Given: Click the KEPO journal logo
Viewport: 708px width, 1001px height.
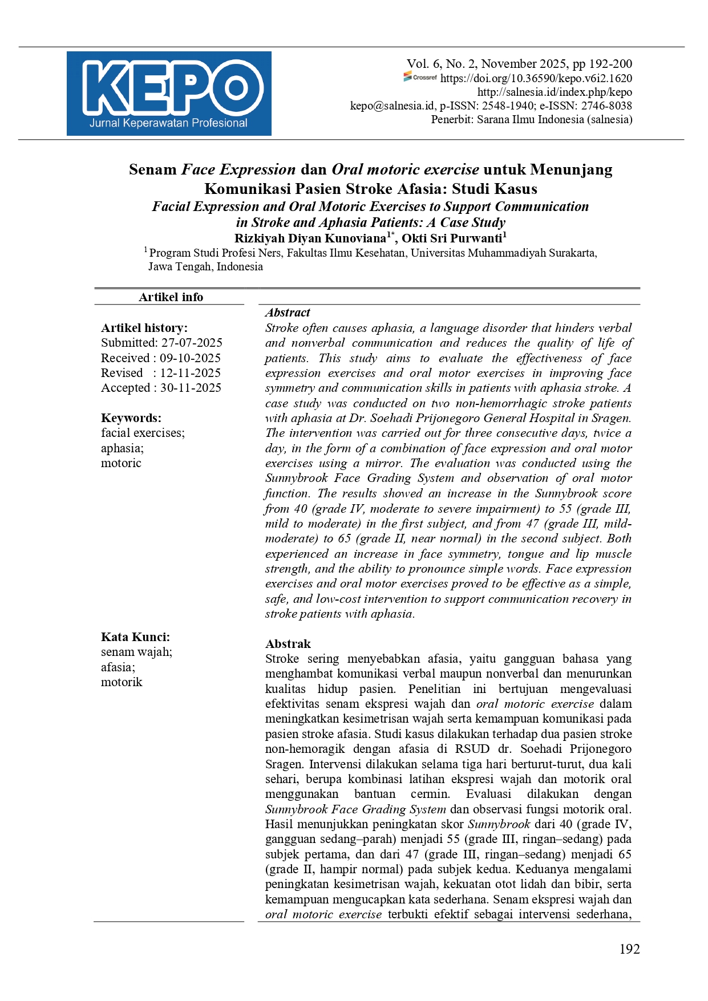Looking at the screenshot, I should (x=169, y=94).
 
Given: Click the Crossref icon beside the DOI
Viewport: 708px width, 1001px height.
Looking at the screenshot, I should (x=420, y=77).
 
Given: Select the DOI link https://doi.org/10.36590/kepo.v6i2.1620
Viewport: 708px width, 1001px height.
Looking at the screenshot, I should (x=536, y=79).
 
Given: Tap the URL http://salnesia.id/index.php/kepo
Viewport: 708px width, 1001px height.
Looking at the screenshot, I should (x=554, y=92).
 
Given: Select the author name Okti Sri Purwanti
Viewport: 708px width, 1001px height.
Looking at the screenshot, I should (x=452, y=238).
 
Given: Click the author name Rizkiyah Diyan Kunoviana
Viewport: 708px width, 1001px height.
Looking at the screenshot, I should (x=310, y=238).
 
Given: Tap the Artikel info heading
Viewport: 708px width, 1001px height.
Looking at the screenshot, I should (x=171, y=297).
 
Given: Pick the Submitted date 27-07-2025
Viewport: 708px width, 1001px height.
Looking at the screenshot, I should (x=191, y=343).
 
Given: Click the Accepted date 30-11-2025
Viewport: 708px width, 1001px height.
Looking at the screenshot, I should (x=191, y=388).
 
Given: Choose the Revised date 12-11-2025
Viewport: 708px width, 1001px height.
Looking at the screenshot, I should (x=190, y=373).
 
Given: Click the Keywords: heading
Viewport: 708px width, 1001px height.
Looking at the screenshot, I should (x=131, y=418).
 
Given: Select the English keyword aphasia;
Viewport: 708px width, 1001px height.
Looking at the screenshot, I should (x=122, y=448).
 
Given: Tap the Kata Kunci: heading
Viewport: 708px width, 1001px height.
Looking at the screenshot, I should (x=135, y=637).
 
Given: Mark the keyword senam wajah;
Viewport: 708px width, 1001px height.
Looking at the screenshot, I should (x=136, y=652).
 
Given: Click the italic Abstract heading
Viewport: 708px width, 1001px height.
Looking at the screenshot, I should (x=288, y=313).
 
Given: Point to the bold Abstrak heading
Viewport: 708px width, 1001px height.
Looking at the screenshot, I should (x=288, y=644).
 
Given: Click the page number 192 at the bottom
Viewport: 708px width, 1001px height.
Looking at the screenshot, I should (x=629, y=949).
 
